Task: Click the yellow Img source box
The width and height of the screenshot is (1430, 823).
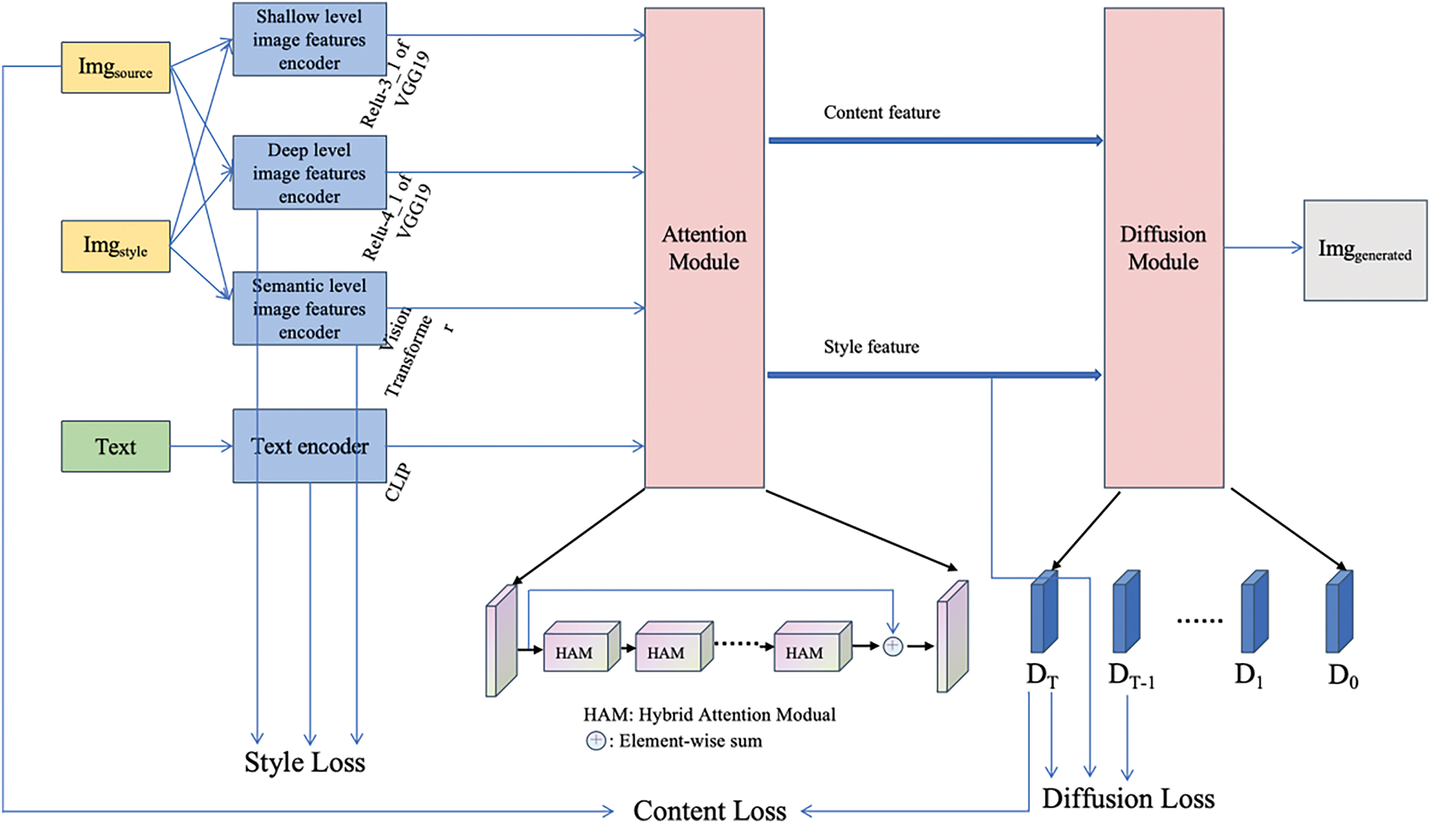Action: [116, 68]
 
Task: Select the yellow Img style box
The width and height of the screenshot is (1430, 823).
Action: [116, 246]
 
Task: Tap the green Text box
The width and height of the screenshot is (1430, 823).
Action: [116, 446]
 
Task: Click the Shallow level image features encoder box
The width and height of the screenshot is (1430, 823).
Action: [309, 39]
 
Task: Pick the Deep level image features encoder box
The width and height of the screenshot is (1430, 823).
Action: [309, 173]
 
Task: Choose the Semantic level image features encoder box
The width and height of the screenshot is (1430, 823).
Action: [309, 308]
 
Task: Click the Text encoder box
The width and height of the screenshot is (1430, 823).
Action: [309, 446]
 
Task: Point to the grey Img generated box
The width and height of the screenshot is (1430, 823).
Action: [1365, 251]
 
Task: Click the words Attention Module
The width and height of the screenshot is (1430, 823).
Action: [704, 248]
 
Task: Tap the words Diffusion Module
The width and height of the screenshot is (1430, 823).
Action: [1164, 248]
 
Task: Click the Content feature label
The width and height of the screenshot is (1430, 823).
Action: [881, 113]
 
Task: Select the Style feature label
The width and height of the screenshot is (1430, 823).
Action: [871, 347]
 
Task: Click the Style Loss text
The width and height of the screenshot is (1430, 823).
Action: [305, 762]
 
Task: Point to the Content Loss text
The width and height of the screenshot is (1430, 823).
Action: [709, 810]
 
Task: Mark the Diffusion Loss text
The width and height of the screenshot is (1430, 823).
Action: [1127, 798]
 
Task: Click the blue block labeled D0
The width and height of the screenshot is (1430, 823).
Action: [1339, 612]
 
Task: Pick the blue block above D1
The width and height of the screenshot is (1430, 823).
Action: [1254, 612]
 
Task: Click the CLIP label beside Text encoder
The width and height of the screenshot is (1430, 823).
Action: [398, 482]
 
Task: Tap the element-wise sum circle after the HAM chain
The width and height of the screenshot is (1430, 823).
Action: [893, 646]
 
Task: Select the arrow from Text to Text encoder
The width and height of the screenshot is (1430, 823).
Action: [201, 446]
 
